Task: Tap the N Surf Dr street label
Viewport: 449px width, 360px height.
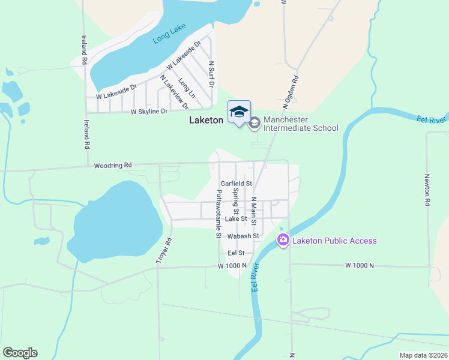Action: point(211,74)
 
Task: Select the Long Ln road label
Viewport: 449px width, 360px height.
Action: point(187,89)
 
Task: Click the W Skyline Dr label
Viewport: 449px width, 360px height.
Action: point(149,112)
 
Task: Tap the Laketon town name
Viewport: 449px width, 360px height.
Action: point(206,120)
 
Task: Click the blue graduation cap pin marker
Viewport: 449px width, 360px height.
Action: point(239,112)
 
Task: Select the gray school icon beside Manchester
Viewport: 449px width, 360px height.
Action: point(254,123)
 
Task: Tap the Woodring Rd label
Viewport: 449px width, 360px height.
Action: point(112,165)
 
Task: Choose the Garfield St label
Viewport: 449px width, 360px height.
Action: point(236,184)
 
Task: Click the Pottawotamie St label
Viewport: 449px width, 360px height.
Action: point(219,214)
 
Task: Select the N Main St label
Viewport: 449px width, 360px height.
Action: point(254,211)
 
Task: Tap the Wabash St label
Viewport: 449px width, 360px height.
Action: point(243,236)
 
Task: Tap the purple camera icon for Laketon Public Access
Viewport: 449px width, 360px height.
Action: point(283,241)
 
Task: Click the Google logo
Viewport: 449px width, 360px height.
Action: point(20,353)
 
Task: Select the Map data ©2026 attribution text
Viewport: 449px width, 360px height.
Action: point(423,355)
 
